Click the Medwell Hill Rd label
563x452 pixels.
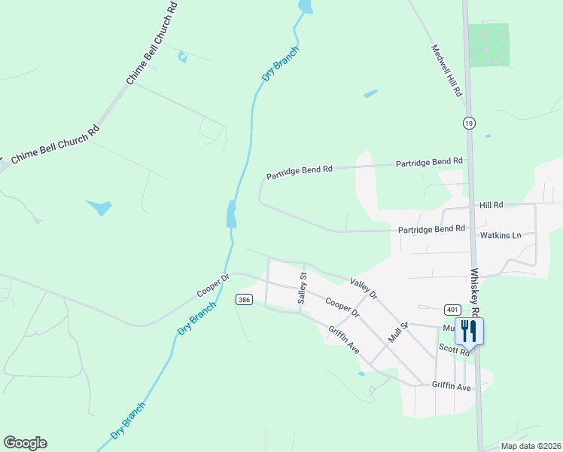446,71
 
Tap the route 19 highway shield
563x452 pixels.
469,123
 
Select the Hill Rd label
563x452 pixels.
491,204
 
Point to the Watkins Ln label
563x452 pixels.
501,235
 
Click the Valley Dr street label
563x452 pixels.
363,287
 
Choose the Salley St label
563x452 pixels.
303,289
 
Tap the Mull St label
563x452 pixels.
397,331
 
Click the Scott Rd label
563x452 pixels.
455,350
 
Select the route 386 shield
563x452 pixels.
243,299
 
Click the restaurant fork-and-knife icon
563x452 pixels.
469,331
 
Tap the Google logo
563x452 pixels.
25,443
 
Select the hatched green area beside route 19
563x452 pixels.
488,44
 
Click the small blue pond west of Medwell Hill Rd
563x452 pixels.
370,94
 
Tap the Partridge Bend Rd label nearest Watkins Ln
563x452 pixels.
432,228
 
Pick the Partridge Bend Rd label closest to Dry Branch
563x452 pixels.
299,173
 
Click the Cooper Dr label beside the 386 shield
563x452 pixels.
213,285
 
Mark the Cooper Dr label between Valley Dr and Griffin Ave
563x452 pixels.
342,307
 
